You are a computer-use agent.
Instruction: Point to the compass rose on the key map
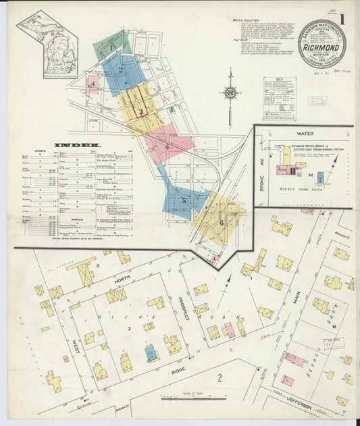click(x=230, y=92)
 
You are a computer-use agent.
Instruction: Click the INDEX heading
click(x=78, y=145)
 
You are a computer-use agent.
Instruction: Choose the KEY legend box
click(x=279, y=99)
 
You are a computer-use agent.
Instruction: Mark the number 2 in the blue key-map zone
click(x=121, y=69)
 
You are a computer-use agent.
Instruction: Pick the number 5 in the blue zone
click(x=182, y=200)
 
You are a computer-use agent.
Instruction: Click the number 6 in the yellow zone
click(x=220, y=222)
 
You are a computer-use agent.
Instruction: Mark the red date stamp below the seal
click(x=317, y=101)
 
